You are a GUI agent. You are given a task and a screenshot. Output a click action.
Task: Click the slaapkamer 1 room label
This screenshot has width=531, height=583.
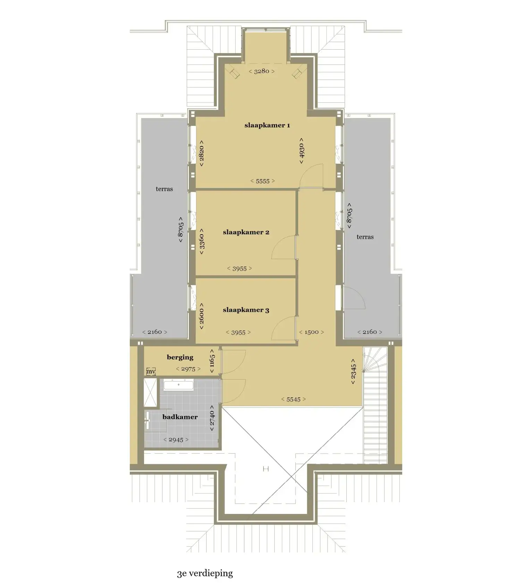click(267, 125)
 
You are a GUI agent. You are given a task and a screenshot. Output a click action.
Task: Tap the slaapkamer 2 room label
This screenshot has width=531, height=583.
click(246, 232)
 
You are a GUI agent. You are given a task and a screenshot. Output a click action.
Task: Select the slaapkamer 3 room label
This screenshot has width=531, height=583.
click(246, 310)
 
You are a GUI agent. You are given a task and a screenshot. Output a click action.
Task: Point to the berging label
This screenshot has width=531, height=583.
click(180, 357)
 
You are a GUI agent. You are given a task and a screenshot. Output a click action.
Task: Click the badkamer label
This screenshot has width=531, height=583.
click(180, 417)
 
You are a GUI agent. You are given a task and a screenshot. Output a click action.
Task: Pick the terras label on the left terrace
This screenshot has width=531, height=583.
click(164, 189)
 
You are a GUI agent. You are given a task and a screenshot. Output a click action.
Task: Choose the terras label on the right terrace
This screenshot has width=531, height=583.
click(365, 237)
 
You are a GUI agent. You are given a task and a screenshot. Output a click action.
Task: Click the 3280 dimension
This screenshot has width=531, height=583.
click(262, 71)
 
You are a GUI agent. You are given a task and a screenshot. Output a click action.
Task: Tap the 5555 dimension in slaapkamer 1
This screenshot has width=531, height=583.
click(262, 181)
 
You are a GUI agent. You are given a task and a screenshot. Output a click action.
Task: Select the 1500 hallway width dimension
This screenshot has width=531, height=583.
click(311, 332)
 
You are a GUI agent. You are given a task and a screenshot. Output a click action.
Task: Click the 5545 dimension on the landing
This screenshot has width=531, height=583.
click(293, 399)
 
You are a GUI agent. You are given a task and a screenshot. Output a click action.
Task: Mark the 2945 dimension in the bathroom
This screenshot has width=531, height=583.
click(176, 440)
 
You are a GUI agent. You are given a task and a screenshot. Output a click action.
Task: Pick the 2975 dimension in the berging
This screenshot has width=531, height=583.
click(188, 369)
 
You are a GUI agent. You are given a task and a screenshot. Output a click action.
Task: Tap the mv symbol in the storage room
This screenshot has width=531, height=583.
click(151, 371)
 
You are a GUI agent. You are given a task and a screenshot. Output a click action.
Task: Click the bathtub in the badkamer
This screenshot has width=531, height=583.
click(178, 385)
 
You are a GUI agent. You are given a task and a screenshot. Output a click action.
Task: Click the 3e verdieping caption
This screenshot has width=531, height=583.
click(205, 573)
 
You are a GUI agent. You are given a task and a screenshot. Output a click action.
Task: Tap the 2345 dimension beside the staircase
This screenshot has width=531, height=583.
click(353, 371)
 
